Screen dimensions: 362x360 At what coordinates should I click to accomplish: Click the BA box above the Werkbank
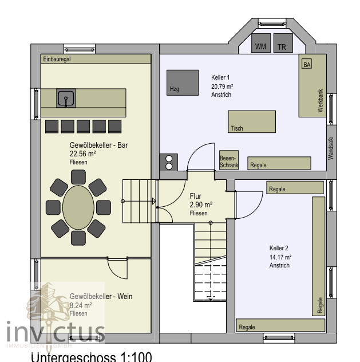pyautogui.click(x=307, y=64)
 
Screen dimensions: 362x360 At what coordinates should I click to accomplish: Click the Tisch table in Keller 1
pyautogui.click(x=252, y=121)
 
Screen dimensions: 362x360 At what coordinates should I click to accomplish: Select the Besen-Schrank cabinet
pyautogui.click(x=228, y=161)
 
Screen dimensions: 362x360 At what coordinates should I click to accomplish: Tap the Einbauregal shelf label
pyautogui.click(x=55, y=59)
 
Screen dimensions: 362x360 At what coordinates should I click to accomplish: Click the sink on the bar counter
pyautogui.click(x=66, y=99)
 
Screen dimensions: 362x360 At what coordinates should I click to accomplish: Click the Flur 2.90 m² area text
pyautogui.click(x=201, y=204)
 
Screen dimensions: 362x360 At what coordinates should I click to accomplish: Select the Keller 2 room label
pyautogui.click(x=279, y=249)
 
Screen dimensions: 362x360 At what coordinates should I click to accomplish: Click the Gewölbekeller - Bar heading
pyautogui.click(x=98, y=145)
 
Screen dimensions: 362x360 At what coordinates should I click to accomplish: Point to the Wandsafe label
pyautogui.click(x=330, y=148)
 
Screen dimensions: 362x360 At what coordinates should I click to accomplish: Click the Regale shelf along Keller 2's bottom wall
pyautogui.click(x=280, y=327)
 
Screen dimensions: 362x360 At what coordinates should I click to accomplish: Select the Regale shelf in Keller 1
pyautogui.click(x=279, y=164)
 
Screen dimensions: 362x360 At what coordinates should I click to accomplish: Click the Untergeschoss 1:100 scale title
pyautogui.click(x=91, y=357)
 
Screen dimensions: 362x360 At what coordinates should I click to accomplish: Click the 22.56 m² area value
pyautogui.click(x=82, y=154)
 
